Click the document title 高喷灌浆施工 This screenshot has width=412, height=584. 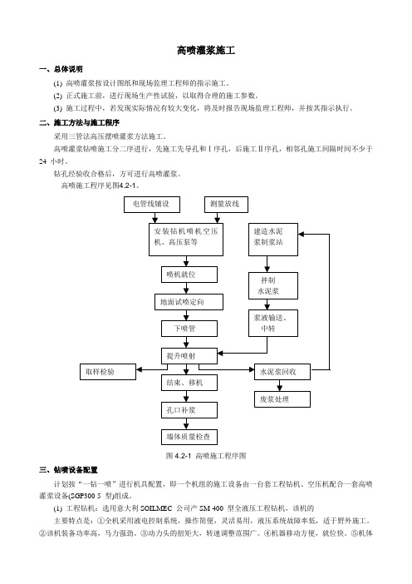pos(206,50)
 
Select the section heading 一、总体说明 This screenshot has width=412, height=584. pos(61,69)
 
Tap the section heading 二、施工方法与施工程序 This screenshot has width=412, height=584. pos(79,122)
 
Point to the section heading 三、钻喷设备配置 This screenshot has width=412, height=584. pos(68,470)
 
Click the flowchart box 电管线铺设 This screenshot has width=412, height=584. pos(152,205)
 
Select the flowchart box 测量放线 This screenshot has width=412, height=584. pos(226,205)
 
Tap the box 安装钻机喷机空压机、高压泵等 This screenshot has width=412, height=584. pos(186,239)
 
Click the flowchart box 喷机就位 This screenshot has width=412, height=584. pos(189,275)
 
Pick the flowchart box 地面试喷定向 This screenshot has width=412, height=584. pos(189,302)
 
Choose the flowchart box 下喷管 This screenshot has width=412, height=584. pos(189,329)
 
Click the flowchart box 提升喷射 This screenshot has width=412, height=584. pos(189,356)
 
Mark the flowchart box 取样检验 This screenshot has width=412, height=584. pos(108,372)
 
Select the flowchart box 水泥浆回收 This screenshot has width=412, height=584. pos(282,372)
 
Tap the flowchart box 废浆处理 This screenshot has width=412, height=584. pos(282,399)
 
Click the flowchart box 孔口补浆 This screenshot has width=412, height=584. pos(189,410)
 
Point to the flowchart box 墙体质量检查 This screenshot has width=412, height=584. pos(189,437)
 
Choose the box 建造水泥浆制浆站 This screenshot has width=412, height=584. pos(273,239)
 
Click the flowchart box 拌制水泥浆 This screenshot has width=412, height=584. pos(273,285)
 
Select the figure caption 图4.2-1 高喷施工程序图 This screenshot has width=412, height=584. pos(206,456)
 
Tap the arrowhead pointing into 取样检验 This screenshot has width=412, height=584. pos(139,370)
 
